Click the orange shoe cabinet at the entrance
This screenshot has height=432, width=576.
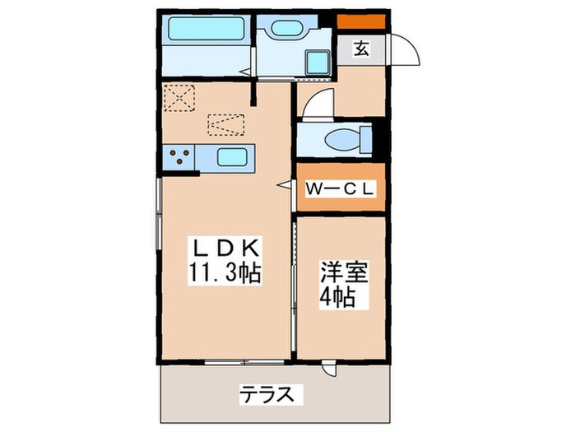point(361,21)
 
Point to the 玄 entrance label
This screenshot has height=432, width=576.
point(361,49)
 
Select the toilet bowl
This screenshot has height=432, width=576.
point(343,139)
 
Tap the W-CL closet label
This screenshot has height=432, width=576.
point(340,188)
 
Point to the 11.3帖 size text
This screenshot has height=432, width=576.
point(225,273)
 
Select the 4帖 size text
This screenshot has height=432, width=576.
point(337,297)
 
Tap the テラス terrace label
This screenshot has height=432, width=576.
point(266,394)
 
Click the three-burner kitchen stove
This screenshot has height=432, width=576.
point(181,156)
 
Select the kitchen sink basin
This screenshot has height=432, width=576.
point(235,156)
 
